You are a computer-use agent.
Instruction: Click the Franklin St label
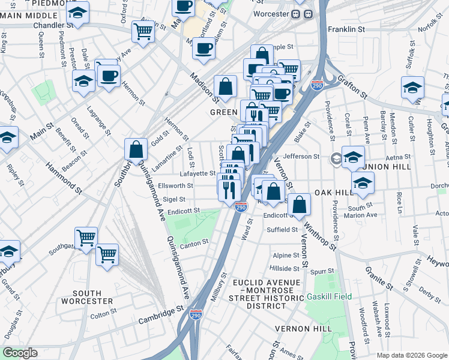pyautogui.click(x=346, y=29)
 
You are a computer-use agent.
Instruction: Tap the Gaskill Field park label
pyautogui.click(x=328, y=296)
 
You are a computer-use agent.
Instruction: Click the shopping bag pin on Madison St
pyautogui.click(x=225, y=88)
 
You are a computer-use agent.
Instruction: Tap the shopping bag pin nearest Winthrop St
pyautogui.click(x=299, y=205)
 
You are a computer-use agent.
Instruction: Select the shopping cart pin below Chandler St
pyautogui.click(x=143, y=31)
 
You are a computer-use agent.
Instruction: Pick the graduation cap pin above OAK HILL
pyautogui.click(x=363, y=184)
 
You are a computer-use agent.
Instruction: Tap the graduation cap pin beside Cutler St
pyautogui.click(x=413, y=88)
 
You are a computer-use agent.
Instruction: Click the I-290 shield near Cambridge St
pyautogui.click(x=196, y=314)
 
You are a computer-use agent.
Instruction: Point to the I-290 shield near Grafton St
pyautogui.click(x=318, y=86)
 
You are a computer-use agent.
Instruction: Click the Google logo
pyautogui.click(x=20, y=353)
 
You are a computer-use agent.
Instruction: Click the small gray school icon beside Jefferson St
pyautogui.click(x=335, y=158)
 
